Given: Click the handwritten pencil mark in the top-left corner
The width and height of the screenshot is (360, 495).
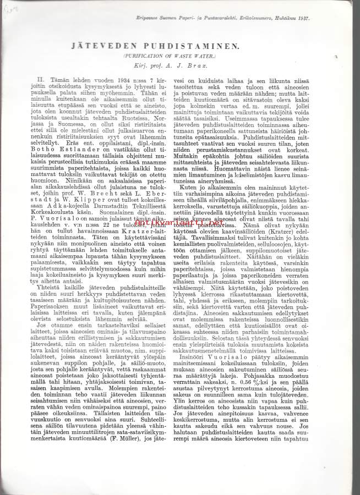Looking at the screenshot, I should point(10,8).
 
